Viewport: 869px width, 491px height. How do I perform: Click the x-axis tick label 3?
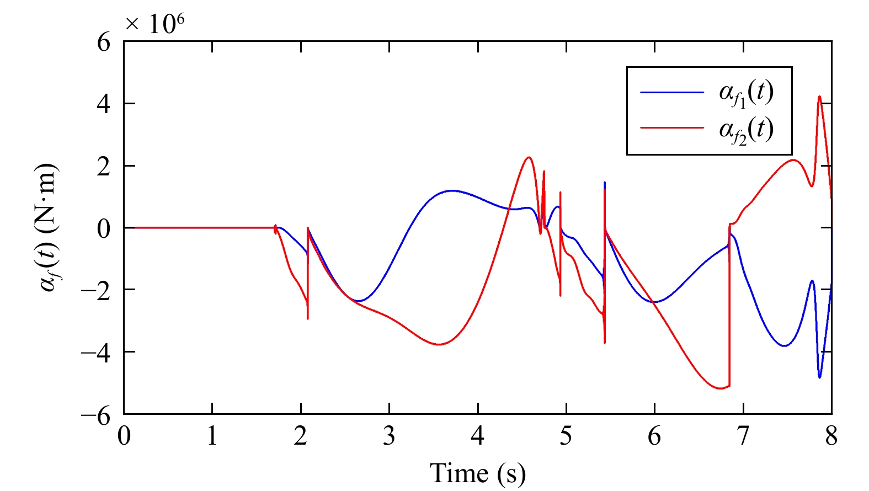pos(389,436)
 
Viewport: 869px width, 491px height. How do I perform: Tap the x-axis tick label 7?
pos(743,436)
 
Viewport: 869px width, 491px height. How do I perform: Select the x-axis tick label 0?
pos(124,436)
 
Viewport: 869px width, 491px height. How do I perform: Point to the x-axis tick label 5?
pos(566,436)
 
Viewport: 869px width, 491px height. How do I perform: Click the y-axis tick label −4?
pos(96,352)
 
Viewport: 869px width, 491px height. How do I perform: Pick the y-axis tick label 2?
pos(103,166)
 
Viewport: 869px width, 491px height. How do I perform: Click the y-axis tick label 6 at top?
pos(103,42)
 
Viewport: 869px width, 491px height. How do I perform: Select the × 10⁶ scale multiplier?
pos(154,23)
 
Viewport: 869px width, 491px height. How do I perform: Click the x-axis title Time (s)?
pos(478,473)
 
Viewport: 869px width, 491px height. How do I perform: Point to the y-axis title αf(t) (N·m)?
pos(49,227)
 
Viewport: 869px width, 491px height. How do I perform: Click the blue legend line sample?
pos(671,92)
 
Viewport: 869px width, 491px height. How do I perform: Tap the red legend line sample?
pos(671,128)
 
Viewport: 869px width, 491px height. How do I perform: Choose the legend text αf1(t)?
pos(746,93)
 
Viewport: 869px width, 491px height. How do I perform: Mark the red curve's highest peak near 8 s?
pos(819,97)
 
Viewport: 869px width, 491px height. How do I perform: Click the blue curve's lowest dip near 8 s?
pos(819,377)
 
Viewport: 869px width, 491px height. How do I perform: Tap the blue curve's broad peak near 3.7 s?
pos(452,191)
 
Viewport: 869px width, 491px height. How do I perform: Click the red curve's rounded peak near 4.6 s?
pos(529,157)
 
